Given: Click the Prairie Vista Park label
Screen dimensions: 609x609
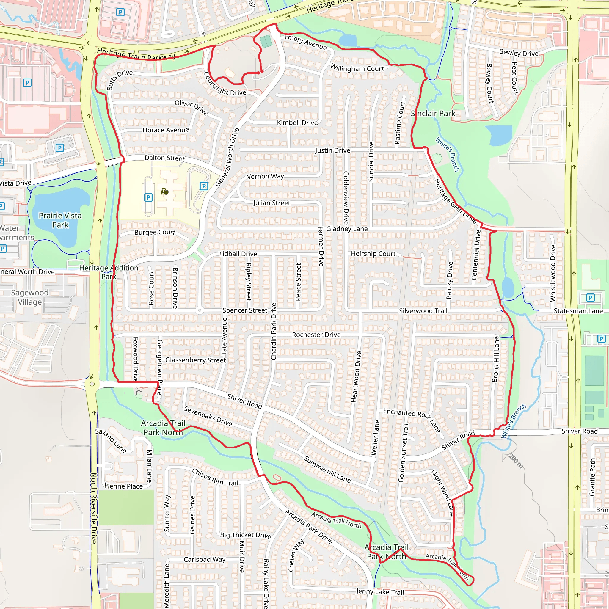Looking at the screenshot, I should pos(60,220).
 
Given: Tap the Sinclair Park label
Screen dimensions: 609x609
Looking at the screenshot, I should pos(433,114).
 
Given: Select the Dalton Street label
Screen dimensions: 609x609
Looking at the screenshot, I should pos(164,158).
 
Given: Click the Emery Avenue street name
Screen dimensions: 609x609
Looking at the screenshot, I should pos(305,42).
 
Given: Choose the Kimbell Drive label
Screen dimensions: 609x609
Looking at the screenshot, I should pos(297,123).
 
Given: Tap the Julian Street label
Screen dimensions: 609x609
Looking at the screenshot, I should pos(271,203).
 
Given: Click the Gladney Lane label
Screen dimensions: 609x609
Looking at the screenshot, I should pos(347,229).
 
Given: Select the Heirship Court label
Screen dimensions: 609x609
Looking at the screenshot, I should pos(373,253).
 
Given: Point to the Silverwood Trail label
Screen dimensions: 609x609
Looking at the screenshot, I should pos(423,311).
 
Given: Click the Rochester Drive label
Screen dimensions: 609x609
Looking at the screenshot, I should pos(316,335).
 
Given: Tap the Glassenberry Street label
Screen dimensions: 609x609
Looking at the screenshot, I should pos(195,360).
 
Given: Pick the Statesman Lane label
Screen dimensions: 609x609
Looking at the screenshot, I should pos(578,311).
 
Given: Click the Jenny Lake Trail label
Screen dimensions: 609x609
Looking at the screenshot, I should pos(380,592).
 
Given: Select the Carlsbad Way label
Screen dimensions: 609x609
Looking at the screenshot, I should pos(205,559).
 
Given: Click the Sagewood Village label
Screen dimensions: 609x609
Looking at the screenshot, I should pos(30,297).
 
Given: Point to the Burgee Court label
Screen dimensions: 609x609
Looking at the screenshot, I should pos(154,232).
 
